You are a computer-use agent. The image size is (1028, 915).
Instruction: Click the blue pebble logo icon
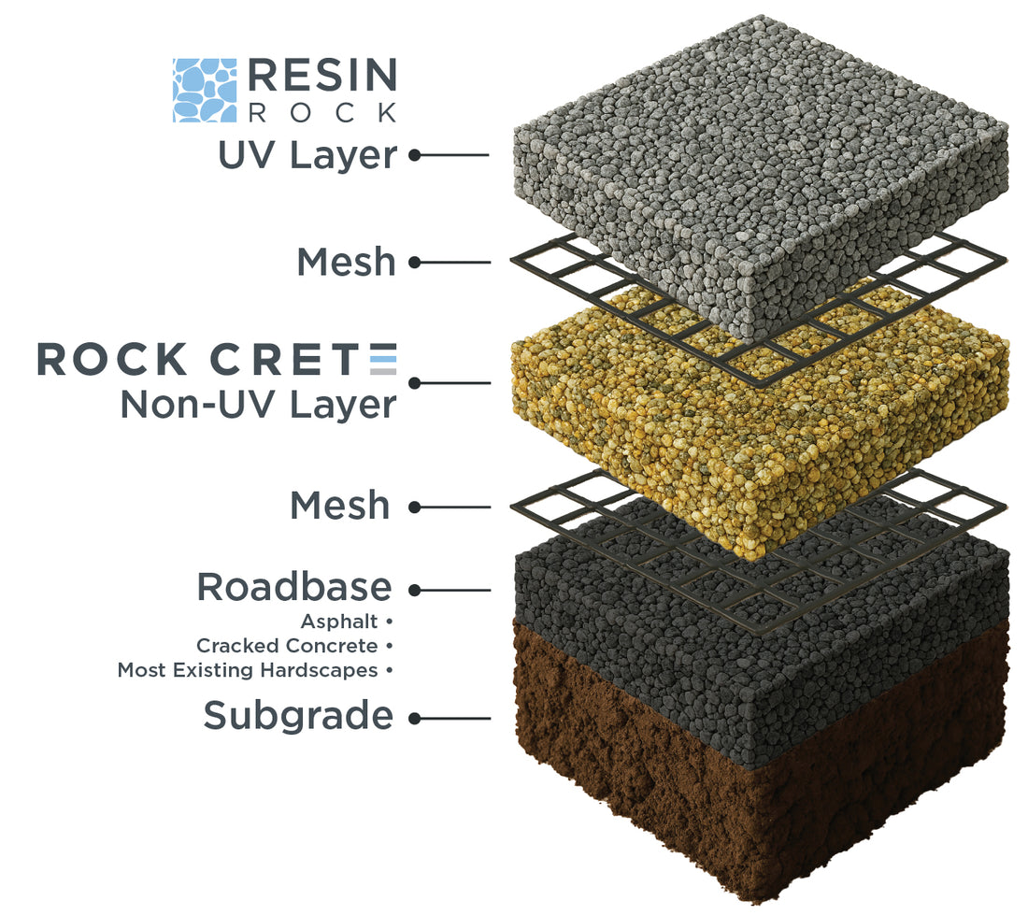pos(205,90)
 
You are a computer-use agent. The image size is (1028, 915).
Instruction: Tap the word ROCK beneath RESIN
pos(322,112)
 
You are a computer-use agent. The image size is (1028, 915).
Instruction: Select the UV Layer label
pos(307,155)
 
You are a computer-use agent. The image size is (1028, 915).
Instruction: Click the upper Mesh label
pos(347,263)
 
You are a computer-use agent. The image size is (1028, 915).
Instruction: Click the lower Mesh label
pos(340,506)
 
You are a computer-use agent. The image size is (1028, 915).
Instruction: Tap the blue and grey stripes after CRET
pos(383,360)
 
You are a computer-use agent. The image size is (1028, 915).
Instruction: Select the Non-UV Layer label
pos(258,405)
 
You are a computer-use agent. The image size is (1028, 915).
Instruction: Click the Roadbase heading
pos(293,587)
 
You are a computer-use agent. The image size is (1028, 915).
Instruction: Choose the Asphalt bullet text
pos(339,621)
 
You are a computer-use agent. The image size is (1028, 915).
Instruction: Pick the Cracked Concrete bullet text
pos(287,646)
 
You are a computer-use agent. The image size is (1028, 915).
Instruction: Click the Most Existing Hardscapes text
pos(248,670)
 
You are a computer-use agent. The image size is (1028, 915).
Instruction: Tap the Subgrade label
pos(298,716)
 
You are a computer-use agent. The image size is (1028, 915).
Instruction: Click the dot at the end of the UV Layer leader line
pos(414,156)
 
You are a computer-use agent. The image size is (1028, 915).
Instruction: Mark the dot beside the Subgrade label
pos(414,718)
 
